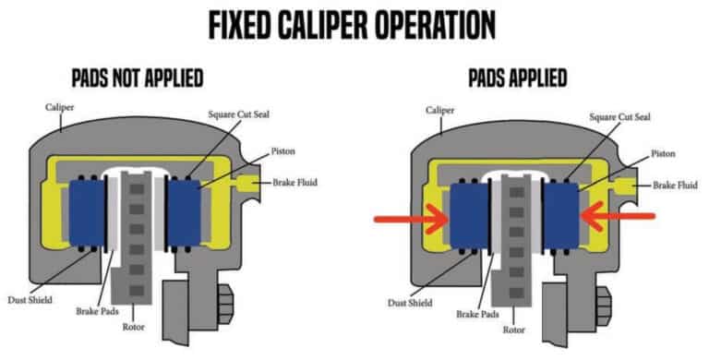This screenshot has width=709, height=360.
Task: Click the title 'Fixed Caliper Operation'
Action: [x=354, y=21]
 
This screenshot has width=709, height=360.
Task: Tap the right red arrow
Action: [x=619, y=216]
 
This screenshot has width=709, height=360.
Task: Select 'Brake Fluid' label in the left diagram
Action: [x=293, y=183]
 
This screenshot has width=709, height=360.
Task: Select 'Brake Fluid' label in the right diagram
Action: [x=676, y=186]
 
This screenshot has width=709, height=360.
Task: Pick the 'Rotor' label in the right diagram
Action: [x=513, y=329]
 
